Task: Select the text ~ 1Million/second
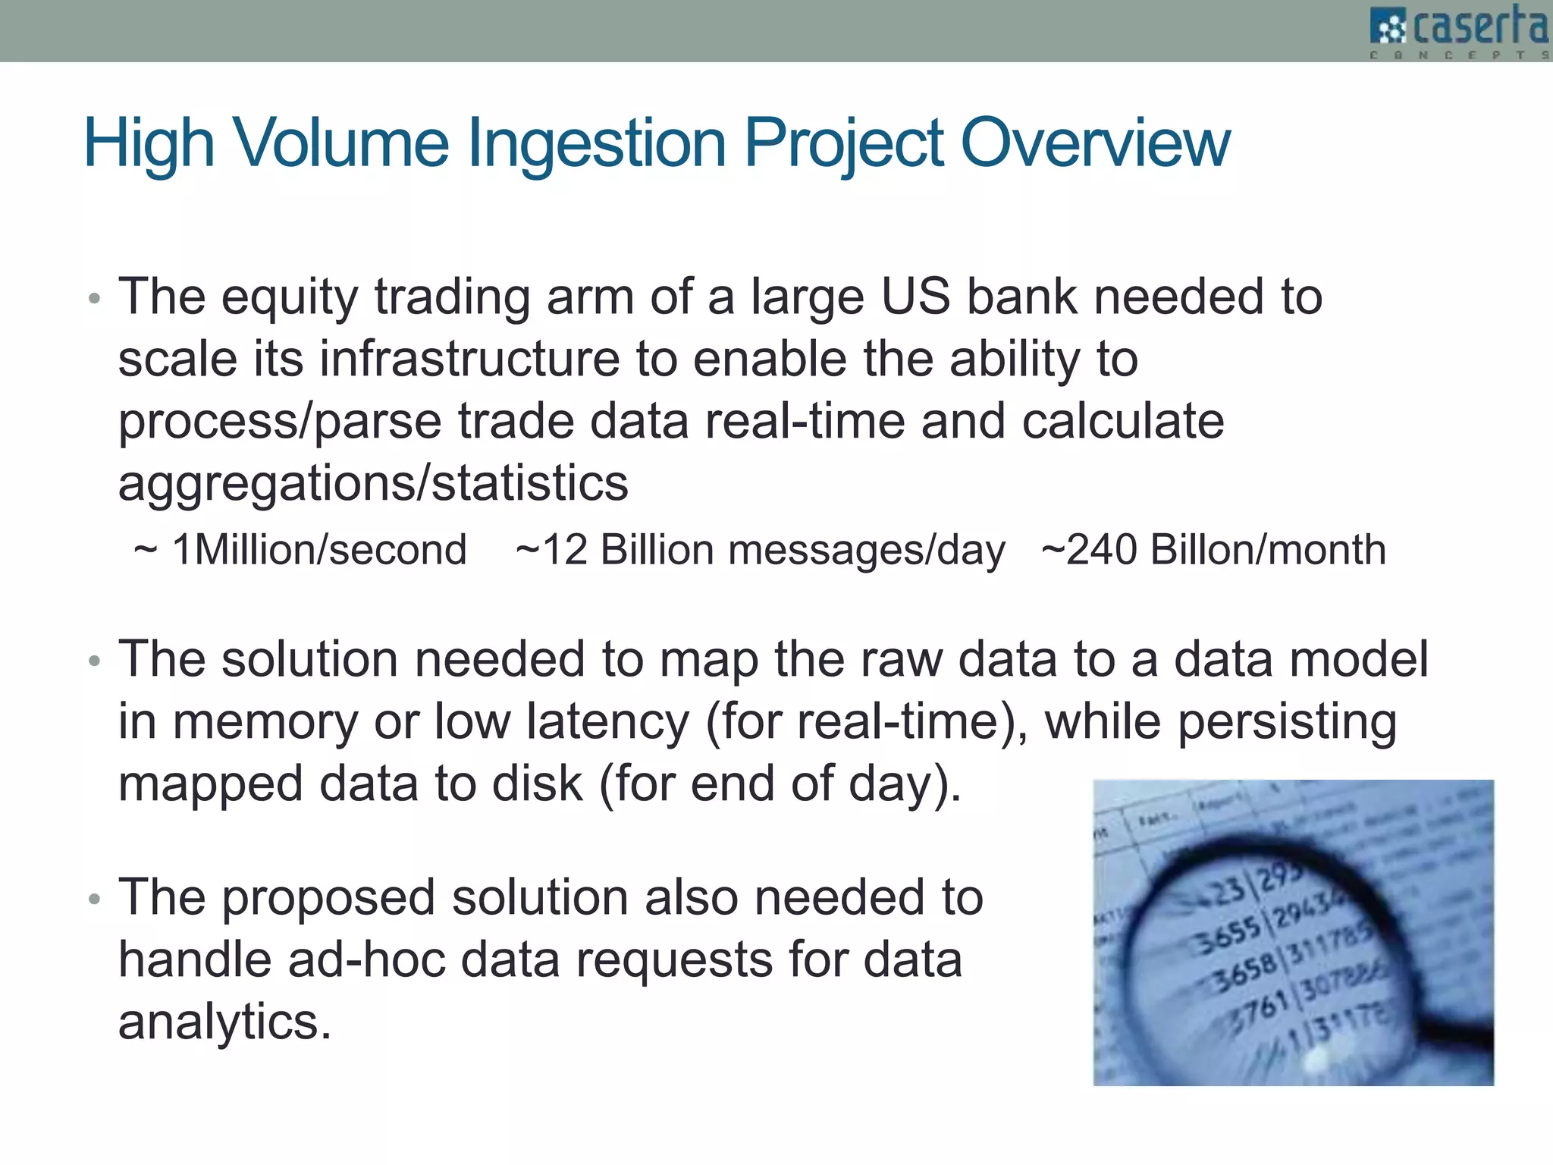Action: pyautogui.click(x=300, y=550)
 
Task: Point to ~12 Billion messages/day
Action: pyautogui.click(x=760, y=550)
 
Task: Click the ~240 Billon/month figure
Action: pyautogui.click(x=1213, y=550)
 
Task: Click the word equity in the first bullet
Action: pyautogui.click(x=289, y=298)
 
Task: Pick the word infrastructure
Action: pyautogui.click(x=469, y=359)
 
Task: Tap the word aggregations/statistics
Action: pyautogui.click(x=373, y=483)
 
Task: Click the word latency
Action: pyautogui.click(x=607, y=721)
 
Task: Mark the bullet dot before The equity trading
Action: pyautogui.click(x=94, y=298)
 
